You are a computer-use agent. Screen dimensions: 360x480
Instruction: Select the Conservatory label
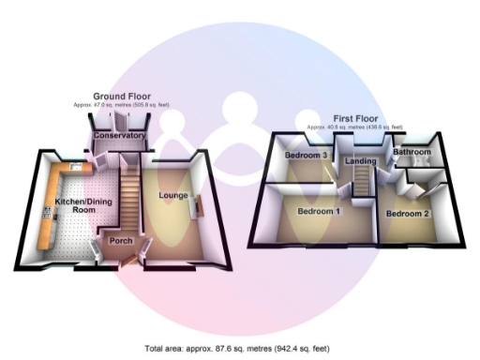[x=121, y=136]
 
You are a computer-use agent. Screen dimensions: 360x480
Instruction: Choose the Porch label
[x=121, y=241]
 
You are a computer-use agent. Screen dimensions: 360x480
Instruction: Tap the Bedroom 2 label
[x=409, y=214]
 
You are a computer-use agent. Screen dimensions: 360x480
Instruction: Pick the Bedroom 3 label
[x=306, y=155]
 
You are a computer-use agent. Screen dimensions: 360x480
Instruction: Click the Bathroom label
[x=412, y=152]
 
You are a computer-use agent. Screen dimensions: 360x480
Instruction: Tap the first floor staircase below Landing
[x=362, y=187]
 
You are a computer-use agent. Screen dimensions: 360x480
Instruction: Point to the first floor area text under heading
[x=354, y=127]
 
